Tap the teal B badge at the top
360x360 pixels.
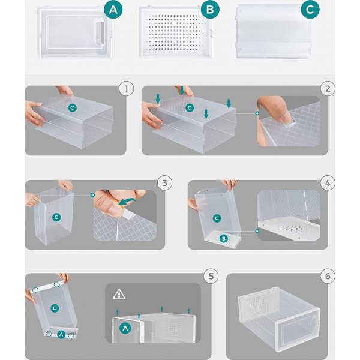[210, 9]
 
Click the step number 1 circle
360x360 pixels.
[125, 89]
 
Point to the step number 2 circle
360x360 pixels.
[327, 89]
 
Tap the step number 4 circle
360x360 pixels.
[327, 182]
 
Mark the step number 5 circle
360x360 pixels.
[209, 276]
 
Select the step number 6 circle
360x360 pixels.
[327, 276]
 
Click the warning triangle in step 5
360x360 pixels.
[119, 295]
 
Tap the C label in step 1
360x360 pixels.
[73, 107]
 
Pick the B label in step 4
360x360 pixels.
[223, 239]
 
